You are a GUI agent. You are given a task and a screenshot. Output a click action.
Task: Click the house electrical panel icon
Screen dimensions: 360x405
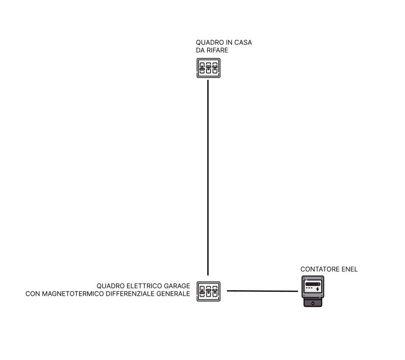[208, 68]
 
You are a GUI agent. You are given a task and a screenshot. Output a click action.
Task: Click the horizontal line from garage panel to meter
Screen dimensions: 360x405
[262, 291]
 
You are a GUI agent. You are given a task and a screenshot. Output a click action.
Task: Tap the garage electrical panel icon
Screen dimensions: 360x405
[208, 291]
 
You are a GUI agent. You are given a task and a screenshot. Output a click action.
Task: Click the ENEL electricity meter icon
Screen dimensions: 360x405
[313, 291]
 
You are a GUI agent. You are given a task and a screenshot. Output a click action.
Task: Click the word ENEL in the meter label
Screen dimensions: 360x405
[350, 269]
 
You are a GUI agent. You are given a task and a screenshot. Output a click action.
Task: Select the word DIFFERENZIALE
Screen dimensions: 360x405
[134, 294]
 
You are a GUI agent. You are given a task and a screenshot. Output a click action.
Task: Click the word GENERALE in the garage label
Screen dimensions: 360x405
[174, 294]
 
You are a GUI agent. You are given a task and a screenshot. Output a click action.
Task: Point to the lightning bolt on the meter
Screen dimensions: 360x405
[318, 289]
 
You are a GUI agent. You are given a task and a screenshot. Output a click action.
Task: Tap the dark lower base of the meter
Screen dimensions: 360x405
[313, 302]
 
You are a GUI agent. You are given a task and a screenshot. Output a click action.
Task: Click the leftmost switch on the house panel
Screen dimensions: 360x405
[202, 68]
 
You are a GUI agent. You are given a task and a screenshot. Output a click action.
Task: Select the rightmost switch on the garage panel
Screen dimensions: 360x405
[215, 291]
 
